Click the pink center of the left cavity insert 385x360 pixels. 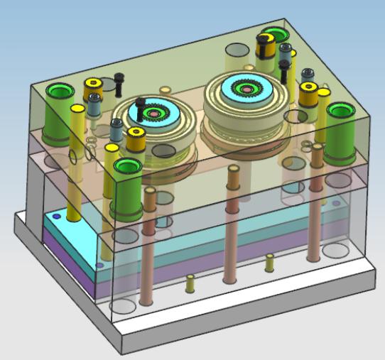point(153,114)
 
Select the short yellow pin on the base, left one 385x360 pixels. point(190,284)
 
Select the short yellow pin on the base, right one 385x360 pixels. point(269,263)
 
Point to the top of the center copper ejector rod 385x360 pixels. point(232,170)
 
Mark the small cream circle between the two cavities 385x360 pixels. point(166,90)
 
